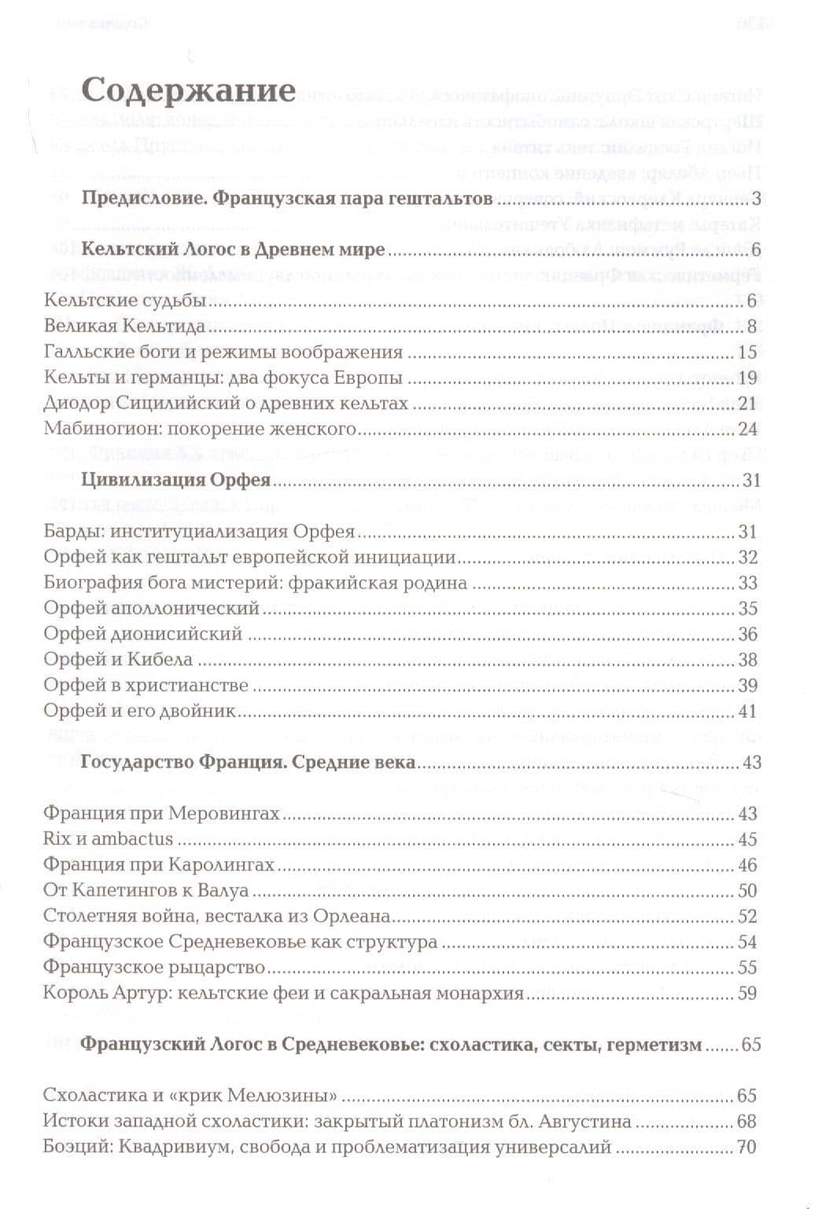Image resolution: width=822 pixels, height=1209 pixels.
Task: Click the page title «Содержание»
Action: (x=188, y=92)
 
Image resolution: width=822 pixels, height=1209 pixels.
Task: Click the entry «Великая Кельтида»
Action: (x=124, y=326)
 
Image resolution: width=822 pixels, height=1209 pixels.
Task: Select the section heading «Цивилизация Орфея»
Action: (x=176, y=480)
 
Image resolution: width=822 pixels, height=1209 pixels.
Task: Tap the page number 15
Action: (x=747, y=352)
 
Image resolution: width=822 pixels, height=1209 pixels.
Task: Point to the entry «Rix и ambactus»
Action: (x=108, y=839)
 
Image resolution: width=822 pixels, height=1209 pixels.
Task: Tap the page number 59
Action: (x=747, y=993)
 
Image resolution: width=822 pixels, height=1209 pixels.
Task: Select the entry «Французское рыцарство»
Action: (x=154, y=968)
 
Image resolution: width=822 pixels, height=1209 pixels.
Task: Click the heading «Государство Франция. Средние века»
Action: (x=249, y=762)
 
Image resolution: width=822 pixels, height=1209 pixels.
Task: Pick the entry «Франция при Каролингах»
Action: (x=159, y=865)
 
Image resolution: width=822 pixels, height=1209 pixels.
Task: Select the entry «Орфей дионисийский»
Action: (x=143, y=634)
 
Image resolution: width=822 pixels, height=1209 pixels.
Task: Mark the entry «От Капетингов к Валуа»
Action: (x=146, y=890)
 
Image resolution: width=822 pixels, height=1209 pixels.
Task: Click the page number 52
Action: (x=747, y=916)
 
